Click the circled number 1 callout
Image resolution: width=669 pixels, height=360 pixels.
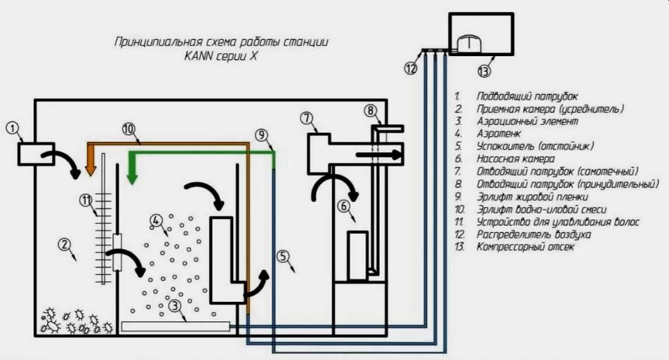pyautogui.click(x=13, y=128)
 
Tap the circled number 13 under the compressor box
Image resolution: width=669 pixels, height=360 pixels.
pyautogui.click(x=484, y=71)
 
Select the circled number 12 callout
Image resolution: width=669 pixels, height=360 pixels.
pyautogui.click(x=411, y=68)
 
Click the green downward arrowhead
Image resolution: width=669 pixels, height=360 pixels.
pyautogui.click(x=133, y=178)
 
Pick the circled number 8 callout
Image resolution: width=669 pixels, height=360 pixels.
pyautogui.click(x=371, y=110)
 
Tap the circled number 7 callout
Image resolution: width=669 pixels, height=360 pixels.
pyautogui.click(x=307, y=118)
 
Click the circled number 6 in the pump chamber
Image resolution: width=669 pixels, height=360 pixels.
pyautogui.click(x=344, y=206)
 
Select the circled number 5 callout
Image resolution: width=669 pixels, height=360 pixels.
pyautogui.click(x=283, y=256)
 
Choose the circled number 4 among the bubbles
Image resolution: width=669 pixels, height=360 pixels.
pyautogui.click(x=156, y=220)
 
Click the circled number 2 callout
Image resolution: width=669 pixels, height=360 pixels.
pyautogui.click(x=64, y=244)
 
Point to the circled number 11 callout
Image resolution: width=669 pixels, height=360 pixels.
pyautogui.click(x=86, y=199)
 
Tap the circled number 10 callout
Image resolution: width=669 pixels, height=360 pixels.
pyautogui.click(x=128, y=128)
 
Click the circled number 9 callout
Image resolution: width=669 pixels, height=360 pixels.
pyautogui.click(x=262, y=135)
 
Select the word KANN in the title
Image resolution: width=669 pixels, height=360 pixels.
pyautogui.click(x=199, y=56)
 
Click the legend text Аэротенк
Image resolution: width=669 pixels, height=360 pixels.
pyautogui.click(x=498, y=133)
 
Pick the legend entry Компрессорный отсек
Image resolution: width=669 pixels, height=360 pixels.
pyautogui.click(x=525, y=246)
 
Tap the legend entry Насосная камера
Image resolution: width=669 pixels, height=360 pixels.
pyautogui.click(x=515, y=159)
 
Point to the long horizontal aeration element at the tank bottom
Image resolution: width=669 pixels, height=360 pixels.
pyautogui.click(x=175, y=326)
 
